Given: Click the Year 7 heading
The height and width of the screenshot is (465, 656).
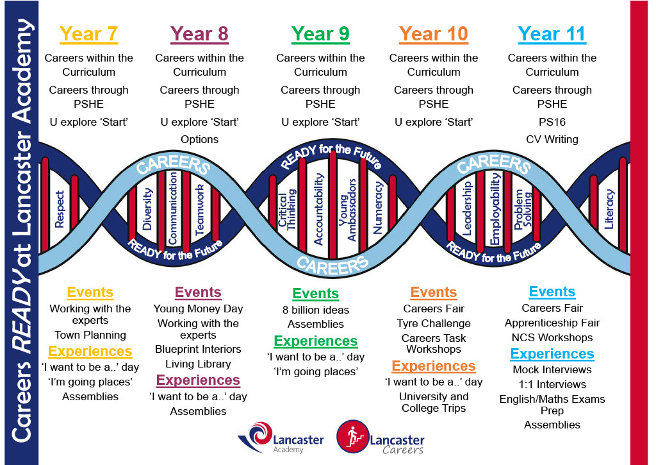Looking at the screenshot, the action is tap(88, 34).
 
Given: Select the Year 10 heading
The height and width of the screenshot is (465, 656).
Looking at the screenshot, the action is tap(434, 34).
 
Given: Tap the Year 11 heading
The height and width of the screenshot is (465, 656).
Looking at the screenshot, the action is tap(552, 34).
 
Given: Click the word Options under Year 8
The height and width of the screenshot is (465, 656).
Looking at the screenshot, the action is tap(200, 140).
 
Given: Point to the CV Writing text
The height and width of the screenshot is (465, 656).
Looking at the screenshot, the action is tap(552, 140).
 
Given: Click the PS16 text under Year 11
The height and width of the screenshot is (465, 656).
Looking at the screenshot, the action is tap(552, 122).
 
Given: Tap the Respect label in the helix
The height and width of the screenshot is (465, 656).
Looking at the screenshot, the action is tap(60, 209).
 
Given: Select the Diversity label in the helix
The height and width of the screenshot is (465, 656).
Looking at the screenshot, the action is tap(147, 209).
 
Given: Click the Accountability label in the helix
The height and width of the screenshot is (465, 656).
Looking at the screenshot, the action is tap(319, 209).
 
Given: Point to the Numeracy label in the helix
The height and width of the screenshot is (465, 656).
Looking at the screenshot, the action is tap(378, 208).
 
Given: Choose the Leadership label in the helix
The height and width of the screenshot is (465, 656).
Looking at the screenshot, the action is tap(467, 208).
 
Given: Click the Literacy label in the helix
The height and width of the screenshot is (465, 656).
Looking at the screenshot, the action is tap(609, 209).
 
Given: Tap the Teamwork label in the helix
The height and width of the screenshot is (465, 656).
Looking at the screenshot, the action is tap(200, 209).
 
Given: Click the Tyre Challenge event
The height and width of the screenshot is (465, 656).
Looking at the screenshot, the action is tap(434, 323).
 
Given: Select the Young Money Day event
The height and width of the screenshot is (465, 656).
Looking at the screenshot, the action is tap(198, 309).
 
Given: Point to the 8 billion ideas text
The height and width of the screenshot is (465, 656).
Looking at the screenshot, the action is tap(315, 310).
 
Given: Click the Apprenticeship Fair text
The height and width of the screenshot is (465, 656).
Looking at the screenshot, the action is tap(552, 323).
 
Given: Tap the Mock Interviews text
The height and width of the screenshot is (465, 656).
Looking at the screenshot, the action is tap(552, 369).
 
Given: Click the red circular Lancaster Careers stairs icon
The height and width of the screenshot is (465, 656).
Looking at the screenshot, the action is tap(353, 437).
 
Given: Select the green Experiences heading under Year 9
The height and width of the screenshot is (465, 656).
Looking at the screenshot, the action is tap(315, 341).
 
